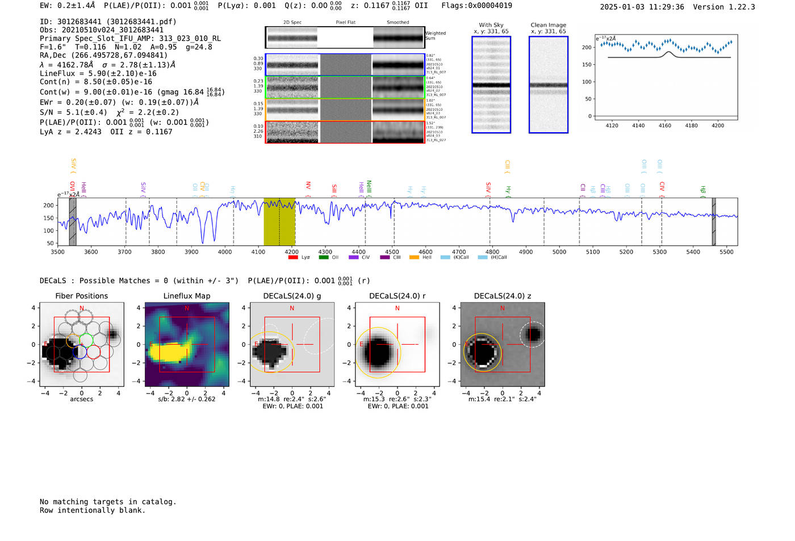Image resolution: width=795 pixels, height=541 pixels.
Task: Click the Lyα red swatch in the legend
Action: [293, 257]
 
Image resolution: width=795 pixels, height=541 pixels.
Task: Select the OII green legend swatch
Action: [324, 257]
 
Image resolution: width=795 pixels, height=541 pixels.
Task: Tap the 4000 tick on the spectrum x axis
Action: [225, 252]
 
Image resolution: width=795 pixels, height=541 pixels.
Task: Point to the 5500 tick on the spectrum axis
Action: [726, 252]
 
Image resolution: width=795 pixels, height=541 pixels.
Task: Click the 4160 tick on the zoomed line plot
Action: [665, 125]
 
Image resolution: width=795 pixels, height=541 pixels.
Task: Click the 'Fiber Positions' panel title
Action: [82, 296]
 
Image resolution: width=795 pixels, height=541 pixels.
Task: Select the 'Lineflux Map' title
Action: [187, 296]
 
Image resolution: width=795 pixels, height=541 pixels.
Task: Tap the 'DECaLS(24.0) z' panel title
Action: [502, 296]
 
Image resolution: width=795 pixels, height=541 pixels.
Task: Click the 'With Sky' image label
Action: [491, 25]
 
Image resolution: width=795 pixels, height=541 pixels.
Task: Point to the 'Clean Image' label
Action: [549, 25]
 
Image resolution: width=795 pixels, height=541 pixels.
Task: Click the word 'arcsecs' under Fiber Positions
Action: [82, 399]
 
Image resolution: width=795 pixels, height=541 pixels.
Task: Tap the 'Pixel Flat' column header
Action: [345, 23]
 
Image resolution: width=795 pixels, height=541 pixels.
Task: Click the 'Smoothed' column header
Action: [397, 23]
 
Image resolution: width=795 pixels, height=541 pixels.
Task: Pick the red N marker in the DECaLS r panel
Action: [397, 308]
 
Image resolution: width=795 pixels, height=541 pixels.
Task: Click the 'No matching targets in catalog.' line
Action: [108, 502]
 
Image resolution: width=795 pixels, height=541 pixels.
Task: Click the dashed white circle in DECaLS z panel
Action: [533, 334]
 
